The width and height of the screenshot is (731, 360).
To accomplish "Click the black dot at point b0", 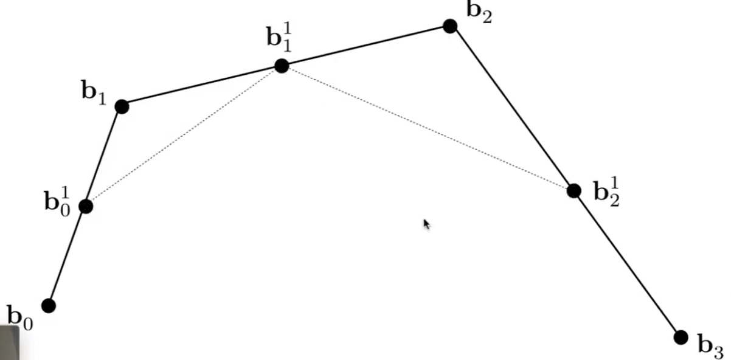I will [x=49, y=305].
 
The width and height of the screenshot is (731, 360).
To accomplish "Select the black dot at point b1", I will [x=122, y=107].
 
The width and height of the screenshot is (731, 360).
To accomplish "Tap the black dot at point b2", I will [x=450, y=26].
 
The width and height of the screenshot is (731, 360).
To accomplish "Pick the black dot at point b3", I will [x=681, y=337].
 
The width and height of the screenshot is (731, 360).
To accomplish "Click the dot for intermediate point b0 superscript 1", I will [x=86, y=206].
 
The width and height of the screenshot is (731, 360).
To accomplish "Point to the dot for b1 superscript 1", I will [x=281, y=66].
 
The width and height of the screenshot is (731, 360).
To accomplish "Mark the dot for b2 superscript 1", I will [x=573, y=191].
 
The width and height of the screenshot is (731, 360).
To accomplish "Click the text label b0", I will [x=20, y=317].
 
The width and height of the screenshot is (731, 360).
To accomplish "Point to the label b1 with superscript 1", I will [x=279, y=36].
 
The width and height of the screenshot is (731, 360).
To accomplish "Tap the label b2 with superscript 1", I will [x=606, y=193].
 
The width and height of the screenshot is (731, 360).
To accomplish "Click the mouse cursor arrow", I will [x=426, y=224].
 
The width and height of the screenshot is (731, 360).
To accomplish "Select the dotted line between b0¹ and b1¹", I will [x=182, y=136].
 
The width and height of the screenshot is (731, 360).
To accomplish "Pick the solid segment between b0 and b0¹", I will [x=67, y=256].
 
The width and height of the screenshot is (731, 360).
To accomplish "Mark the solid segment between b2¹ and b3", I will [x=626, y=263].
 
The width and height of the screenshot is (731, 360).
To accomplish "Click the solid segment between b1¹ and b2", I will [x=365, y=46].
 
